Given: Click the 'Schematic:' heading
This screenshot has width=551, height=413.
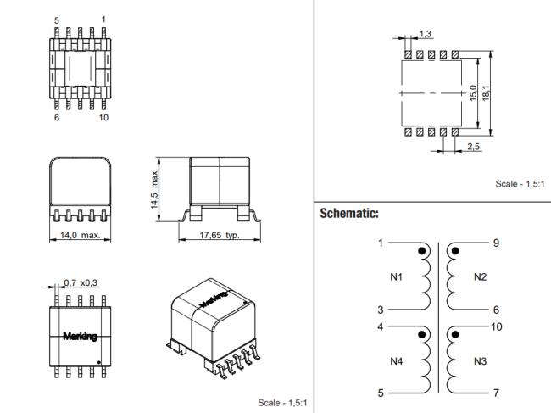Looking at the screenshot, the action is [x=349, y=214].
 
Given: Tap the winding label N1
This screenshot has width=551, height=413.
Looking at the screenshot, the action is [x=397, y=277].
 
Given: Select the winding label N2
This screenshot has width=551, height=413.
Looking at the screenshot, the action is [x=480, y=277].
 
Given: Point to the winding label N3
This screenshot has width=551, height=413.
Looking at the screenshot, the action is [x=480, y=361].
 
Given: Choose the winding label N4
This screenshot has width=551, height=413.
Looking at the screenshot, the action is [x=397, y=361].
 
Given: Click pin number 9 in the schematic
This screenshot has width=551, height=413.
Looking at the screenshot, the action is [x=496, y=243].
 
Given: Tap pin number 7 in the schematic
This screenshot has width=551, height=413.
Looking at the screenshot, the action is [x=496, y=393].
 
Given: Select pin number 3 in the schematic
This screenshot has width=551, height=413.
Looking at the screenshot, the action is [x=381, y=310].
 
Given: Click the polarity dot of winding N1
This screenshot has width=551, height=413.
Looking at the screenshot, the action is [x=422, y=251].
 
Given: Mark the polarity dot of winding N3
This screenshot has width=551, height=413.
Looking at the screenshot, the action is [x=455, y=335].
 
